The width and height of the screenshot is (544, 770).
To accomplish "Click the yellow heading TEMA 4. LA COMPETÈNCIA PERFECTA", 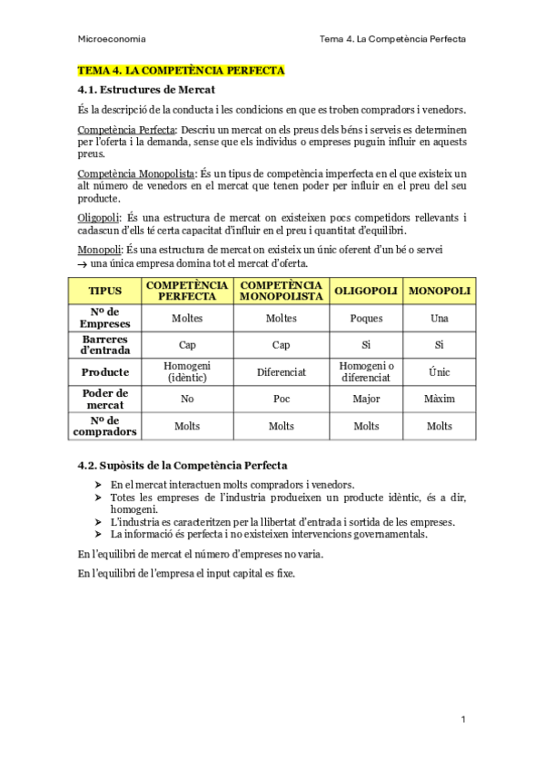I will coord(181,70).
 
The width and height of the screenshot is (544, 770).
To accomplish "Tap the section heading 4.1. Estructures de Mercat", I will coord(146,90).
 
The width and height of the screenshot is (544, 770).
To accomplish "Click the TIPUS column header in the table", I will coord(104,291).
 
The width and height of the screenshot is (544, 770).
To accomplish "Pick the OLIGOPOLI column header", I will coord(366,291).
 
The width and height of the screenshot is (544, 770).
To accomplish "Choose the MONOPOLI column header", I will coord(440,291).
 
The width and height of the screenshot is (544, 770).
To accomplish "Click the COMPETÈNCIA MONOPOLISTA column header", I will coord(281,291).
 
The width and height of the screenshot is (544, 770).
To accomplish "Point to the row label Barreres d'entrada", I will coord(104,345).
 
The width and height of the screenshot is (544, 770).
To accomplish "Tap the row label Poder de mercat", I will coord(104,399).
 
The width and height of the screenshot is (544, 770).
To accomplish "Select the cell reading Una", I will coord(440,319).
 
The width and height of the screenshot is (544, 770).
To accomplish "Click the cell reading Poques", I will coord(366,319).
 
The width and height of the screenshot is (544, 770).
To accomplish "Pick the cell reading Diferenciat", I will coord(281,372).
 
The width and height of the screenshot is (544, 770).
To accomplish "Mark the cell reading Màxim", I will coord(440,399).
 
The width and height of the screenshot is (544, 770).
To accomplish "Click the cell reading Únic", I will coord(440,372).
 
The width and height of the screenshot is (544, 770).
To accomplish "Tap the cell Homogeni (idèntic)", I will coord(187,372).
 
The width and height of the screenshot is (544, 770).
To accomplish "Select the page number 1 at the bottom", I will coord(462,719).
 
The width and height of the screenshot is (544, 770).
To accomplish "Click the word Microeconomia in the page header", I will coord(113,40).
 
